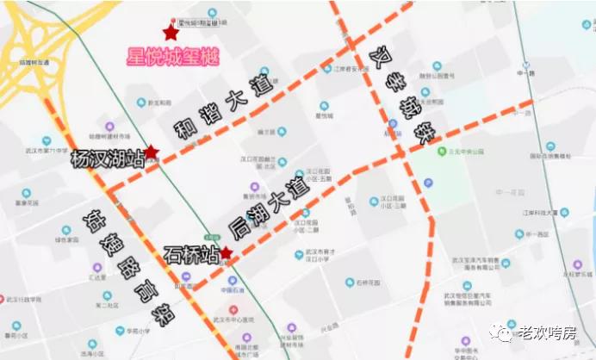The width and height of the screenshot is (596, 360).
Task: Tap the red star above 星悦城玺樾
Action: [x=171, y=33]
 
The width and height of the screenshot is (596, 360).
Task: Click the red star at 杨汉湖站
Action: [x=151, y=152]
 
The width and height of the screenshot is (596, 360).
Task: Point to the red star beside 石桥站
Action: [x=226, y=253]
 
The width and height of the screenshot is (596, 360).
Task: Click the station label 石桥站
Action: [x=189, y=255]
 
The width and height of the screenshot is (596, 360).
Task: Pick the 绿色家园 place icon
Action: [x=66, y=230]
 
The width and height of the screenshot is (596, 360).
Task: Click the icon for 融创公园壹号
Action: [x=437, y=66]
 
